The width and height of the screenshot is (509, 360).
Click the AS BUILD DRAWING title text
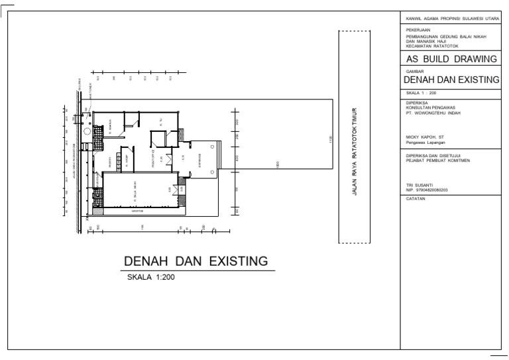click(451, 59)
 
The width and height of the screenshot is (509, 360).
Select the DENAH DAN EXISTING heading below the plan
click(196, 261)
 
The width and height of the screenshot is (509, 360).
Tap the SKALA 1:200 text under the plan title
click(150, 278)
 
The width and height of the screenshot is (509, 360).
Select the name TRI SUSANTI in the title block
click(420, 185)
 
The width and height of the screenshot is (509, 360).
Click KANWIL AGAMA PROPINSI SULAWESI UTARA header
click(451, 19)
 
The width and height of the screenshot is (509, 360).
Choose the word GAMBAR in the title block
click(414, 70)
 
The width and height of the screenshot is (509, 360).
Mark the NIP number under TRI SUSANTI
click(427, 190)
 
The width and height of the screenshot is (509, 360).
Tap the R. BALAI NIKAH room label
click(135, 194)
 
